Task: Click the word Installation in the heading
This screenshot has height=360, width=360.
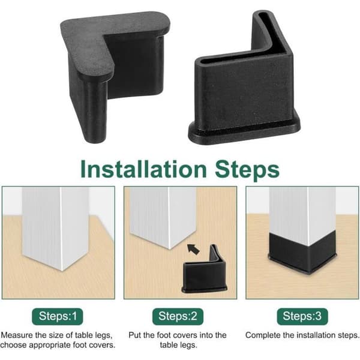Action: pyautogui.click(x=144, y=169)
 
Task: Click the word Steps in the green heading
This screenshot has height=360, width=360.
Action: pyautogui.click(x=247, y=170)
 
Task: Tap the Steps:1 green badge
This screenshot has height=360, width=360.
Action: pyautogui.click(x=58, y=316)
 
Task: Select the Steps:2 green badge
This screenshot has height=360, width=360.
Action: pyautogui.click(x=178, y=316)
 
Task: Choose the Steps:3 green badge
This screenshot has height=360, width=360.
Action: pyautogui.click(x=302, y=316)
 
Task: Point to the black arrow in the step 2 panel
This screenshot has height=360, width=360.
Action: pyautogui.click(x=193, y=249)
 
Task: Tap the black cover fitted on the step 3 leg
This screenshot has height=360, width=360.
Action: pyautogui.click(x=302, y=253)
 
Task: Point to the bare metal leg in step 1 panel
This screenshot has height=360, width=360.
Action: pyautogui.click(x=56, y=227)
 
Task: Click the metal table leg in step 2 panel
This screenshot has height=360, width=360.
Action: pyautogui.click(x=163, y=216)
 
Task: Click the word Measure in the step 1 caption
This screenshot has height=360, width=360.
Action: pyautogui.click(x=17, y=335)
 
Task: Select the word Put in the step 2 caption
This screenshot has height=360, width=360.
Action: pyautogui.click(x=135, y=335)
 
